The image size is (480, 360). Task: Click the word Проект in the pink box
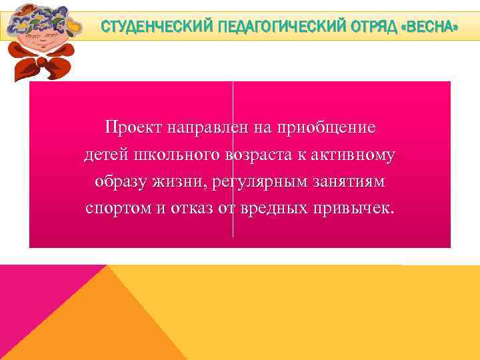click(x=129, y=127)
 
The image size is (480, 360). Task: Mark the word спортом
click(x=117, y=208)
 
